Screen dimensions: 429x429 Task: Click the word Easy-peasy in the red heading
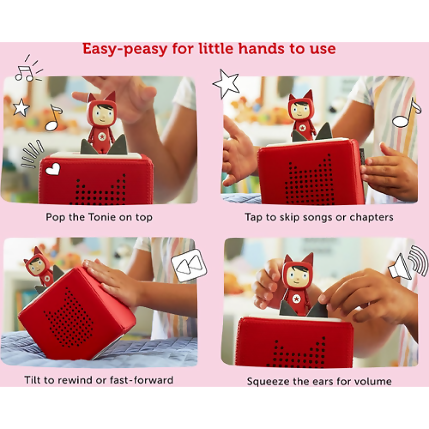125,49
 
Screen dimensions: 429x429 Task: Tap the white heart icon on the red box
52,169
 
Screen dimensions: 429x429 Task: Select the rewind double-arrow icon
189,265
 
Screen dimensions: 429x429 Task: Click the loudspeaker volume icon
408,262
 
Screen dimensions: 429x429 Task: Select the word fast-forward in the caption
141,380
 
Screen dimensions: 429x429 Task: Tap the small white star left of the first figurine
21,107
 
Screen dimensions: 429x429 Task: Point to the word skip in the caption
288,218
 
